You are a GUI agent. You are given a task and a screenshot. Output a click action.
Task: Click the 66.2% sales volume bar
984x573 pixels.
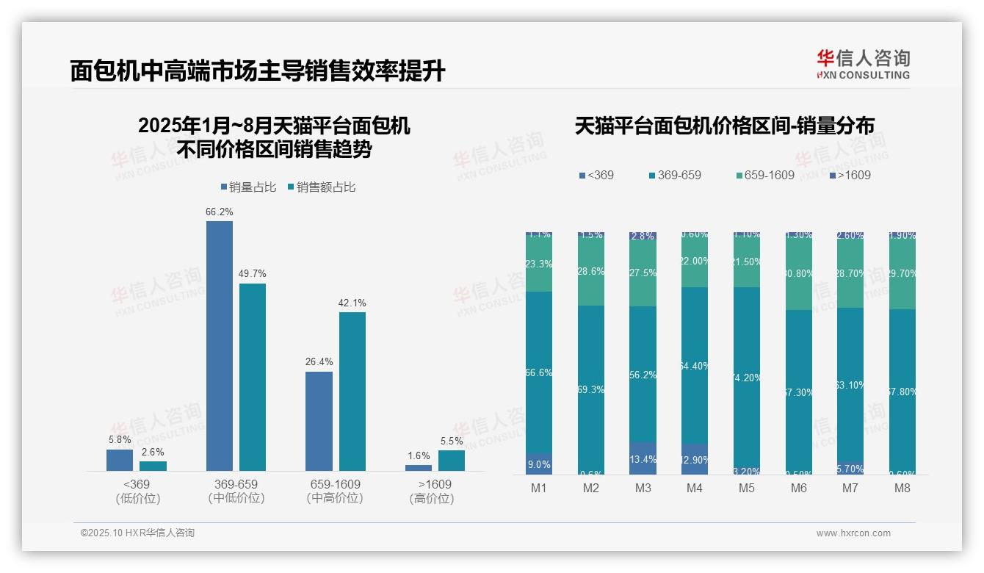click(219, 345)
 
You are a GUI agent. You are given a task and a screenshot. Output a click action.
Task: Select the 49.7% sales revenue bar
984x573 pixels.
click(253, 377)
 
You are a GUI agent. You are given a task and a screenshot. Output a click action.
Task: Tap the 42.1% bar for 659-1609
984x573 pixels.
click(352, 391)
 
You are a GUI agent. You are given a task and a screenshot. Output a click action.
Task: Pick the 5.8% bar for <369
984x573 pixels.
click(120, 460)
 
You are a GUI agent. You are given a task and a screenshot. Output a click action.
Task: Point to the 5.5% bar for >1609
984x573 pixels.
click(452, 460)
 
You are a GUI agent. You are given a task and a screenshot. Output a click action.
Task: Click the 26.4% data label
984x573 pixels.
click(319, 361)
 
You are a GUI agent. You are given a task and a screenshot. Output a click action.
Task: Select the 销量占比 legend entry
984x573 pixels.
click(248, 187)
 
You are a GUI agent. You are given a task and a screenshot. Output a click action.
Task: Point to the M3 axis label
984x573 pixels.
click(643, 488)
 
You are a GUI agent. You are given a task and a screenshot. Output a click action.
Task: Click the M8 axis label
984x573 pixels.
click(902, 488)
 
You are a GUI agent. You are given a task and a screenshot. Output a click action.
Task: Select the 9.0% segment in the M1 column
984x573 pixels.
click(539, 464)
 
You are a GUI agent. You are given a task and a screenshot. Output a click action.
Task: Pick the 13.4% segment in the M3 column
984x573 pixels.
click(643, 458)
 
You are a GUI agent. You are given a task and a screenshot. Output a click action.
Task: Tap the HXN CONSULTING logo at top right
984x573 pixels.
click(863, 65)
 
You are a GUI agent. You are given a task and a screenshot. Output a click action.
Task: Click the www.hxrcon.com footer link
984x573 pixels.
click(853, 533)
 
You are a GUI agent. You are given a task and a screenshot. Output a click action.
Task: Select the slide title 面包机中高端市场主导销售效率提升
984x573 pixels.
click(258, 71)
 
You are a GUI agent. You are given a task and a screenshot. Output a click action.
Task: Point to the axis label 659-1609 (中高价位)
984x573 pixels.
click(335, 491)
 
